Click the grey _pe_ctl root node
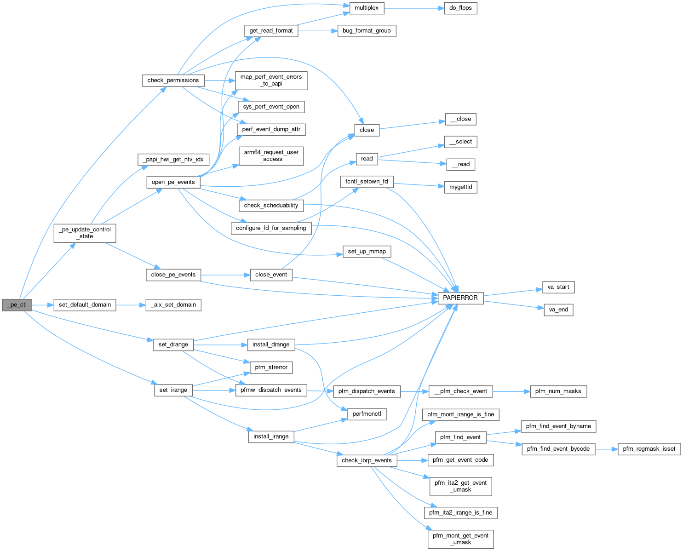coord(17,304)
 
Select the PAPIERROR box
coord(460,298)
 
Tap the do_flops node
coord(460,8)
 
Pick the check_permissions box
coord(173,80)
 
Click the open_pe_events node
coord(173,182)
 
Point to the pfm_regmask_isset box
coord(649,448)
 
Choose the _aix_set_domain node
coord(173,304)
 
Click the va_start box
coord(558,287)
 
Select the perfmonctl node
coord(367,413)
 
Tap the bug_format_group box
coord(367,30)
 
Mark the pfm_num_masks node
coord(558,391)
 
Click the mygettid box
coord(460,187)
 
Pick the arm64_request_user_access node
coord(271,155)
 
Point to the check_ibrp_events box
coord(367,460)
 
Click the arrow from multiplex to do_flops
coord(413,8)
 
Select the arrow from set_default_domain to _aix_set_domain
coord(131,304)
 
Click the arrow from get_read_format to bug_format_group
coord(318,30)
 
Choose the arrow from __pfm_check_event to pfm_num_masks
coord(511,391)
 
